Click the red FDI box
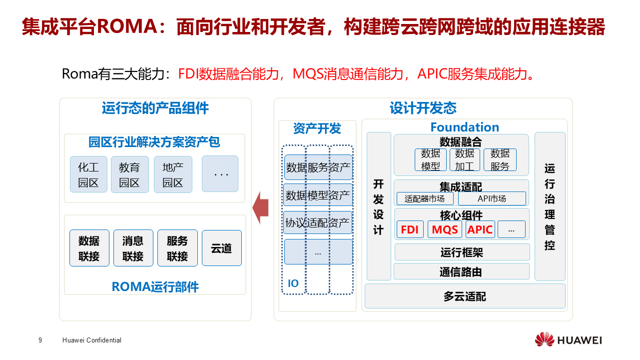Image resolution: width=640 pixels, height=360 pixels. coord(410,229)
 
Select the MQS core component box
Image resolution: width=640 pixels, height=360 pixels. coord(445,229)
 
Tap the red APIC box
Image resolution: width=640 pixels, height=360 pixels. coord(480,229)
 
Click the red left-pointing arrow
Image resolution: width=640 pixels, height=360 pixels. coord(260,207)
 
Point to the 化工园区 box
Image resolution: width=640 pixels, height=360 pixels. coord(88,174)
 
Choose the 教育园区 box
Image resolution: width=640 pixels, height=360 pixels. coord(129,174)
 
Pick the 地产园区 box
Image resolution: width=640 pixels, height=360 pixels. coord(173,174)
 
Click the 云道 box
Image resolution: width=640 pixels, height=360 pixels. coord(221,248)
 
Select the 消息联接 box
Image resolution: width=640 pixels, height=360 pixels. coord(133,248)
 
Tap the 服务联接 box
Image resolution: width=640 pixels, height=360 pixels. coord(177,248)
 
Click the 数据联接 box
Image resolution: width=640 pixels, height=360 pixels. coord(89,248)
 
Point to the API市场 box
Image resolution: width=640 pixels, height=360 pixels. coord(492,198)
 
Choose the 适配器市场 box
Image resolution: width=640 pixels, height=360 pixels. coord(425,198)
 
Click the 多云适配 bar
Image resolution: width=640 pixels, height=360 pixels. coord(465,296)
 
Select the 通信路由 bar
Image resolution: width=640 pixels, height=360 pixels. coord(461,271)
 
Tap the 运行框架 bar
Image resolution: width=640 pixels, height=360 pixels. coord(462,252)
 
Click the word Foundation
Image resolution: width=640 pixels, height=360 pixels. coord(465,127)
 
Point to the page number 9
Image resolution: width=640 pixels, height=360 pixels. coord(40,340)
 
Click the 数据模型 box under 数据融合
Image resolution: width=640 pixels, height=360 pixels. coord(430,160)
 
